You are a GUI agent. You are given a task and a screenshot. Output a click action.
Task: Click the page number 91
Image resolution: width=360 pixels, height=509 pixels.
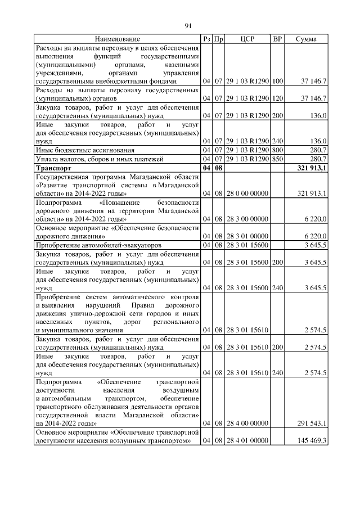click(x=188, y=25)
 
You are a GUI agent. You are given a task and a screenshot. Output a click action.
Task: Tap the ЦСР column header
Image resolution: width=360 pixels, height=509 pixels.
click(x=247, y=39)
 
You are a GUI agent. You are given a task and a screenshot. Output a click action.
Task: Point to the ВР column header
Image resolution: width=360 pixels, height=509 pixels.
click(x=277, y=39)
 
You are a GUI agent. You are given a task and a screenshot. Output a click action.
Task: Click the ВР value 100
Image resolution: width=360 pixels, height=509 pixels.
click(x=277, y=82)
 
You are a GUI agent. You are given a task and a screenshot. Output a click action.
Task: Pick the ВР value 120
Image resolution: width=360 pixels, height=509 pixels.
click(x=277, y=98)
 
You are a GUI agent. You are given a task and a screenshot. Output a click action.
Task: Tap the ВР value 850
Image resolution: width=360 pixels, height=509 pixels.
click(x=277, y=159)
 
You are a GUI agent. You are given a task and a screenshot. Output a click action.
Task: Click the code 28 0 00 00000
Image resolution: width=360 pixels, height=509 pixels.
click(x=247, y=193)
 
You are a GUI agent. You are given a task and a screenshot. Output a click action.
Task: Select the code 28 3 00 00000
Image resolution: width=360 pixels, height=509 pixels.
click(x=247, y=218)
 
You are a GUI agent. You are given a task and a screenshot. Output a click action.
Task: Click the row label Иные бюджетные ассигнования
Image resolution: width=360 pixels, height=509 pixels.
click(x=85, y=150)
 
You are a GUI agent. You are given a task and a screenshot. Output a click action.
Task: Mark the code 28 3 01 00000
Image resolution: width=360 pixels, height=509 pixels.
click(x=247, y=237)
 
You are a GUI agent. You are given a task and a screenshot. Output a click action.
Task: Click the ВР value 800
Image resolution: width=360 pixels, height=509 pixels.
click(x=277, y=150)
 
